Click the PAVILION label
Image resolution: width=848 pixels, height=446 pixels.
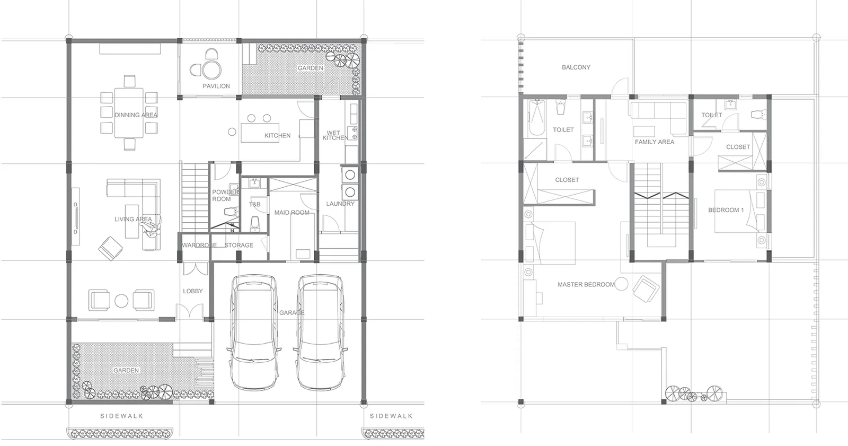click(x=216, y=86)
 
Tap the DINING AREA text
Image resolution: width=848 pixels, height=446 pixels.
click(x=136, y=115)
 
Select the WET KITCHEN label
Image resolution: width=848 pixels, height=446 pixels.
click(x=335, y=135)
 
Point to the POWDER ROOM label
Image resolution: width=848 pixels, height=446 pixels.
click(x=225, y=196)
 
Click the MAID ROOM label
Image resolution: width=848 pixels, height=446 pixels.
click(x=292, y=213)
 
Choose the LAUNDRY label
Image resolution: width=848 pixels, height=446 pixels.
click(x=340, y=204)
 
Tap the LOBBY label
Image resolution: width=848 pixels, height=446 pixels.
click(x=193, y=291)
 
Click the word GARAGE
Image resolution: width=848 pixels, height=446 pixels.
click(x=292, y=312)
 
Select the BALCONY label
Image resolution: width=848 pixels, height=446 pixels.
click(x=576, y=67)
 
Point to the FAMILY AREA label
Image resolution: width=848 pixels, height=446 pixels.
click(x=655, y=142)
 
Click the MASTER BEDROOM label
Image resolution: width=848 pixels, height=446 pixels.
click(x=586, y=285)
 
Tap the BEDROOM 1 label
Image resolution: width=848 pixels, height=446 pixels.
click(x=726, y=210)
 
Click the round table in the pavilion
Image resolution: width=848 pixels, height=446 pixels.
click(x=211, y=69)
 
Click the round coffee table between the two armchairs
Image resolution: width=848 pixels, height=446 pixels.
click(x=121, y=301)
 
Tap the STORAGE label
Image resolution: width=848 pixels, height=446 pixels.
click(x=239, y=245)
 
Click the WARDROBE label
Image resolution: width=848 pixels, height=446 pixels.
click(x=199, y=245)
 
